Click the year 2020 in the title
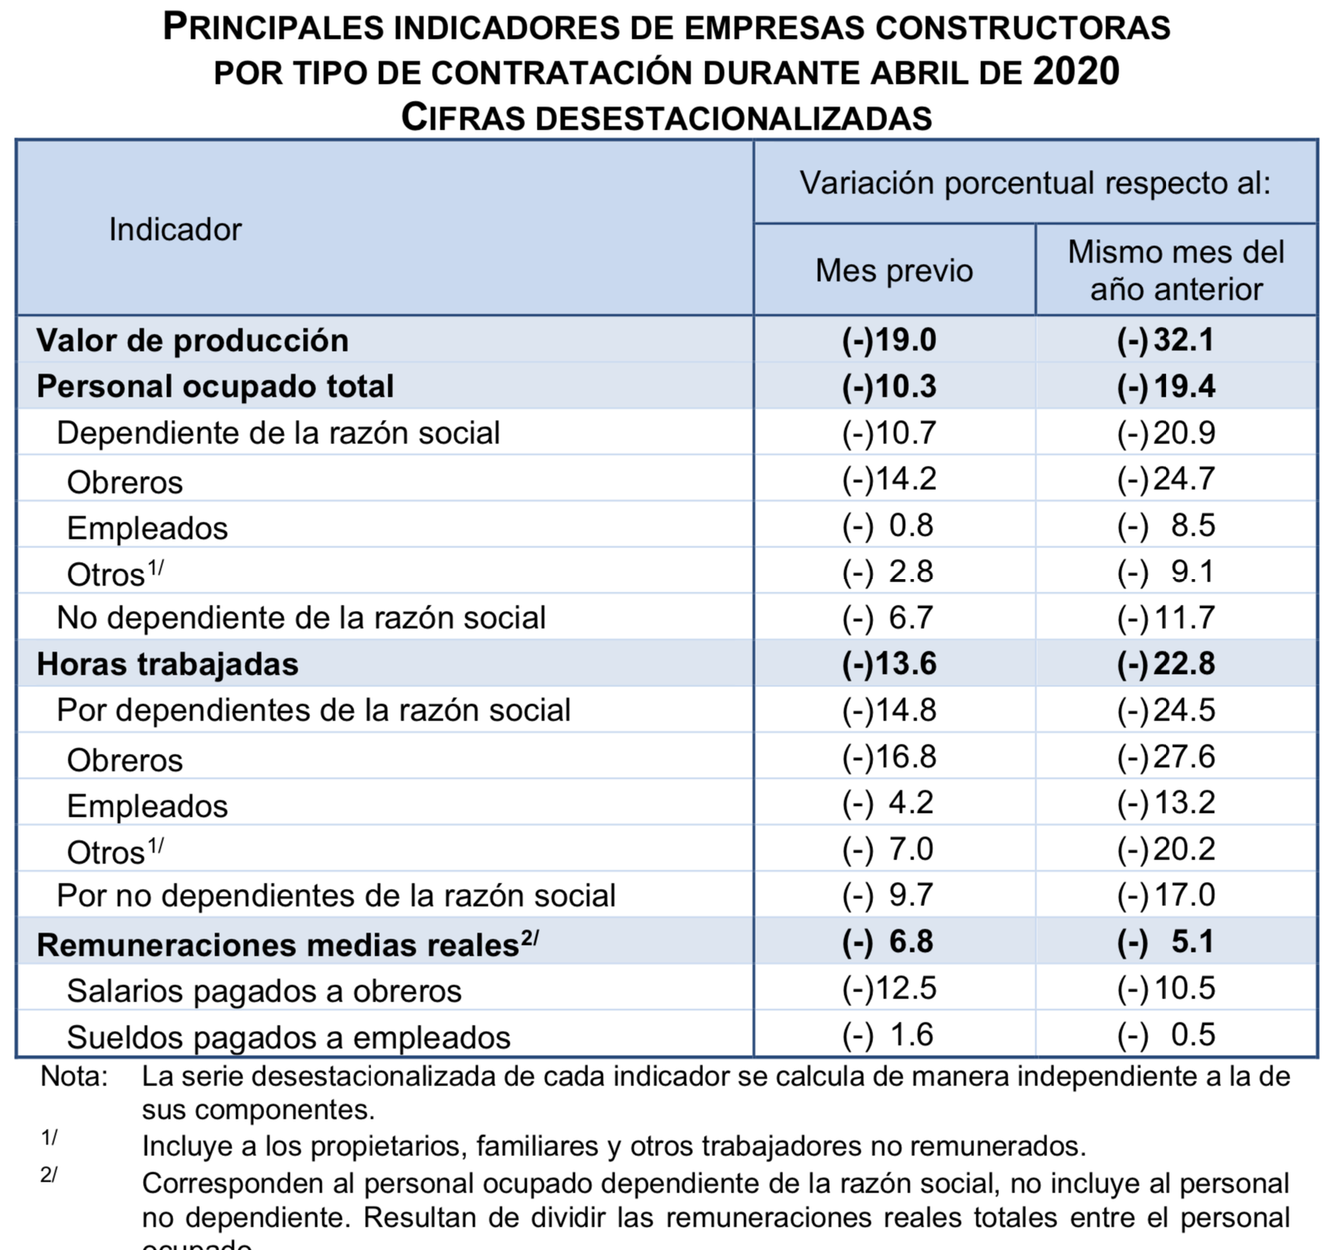click(x=1076, y=71)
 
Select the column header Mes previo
click(x=894, y=270)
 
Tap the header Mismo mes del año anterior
click(x=1176, y=270)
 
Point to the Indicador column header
click(x=176, y=229)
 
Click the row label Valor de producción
click(x=193, y=340)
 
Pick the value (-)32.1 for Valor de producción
click(x=1165, y=340)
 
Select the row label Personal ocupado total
click(x=215, y=386)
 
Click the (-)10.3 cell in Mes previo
click(x=889, y=386)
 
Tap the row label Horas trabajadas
click(x=168, y=664)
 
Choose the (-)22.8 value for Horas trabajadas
click(x=1166, y=664)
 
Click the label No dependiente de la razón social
click(x=301, y=617)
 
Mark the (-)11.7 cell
click(x=1166, y=617)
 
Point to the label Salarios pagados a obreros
click(x=264, y=991)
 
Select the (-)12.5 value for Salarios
click(x=889, y=988)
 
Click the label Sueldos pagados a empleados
click(x=289, y=1037)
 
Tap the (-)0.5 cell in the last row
click(x=1166, y=1034)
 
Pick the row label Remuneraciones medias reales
click(x=278, y=945)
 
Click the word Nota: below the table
click(x=75, y=1077)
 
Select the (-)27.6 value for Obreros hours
click(x=1166, y=756)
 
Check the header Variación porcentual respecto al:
click(x=1035, y=183)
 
